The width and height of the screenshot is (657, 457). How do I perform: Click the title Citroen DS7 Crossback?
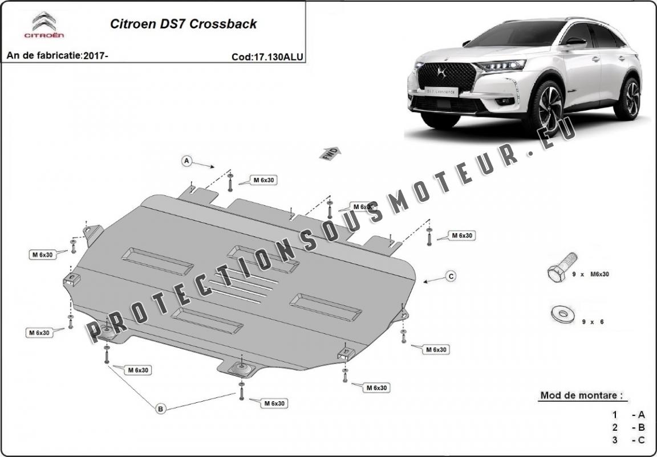[x=182, y=24]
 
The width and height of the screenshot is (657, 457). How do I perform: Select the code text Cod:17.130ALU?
[x=267, y=56]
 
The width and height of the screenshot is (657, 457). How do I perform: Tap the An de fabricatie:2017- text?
[x=57, y=56]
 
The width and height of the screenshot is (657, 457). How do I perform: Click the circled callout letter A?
[x=186, y=161]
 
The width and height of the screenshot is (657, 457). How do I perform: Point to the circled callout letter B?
[x=161, y=408]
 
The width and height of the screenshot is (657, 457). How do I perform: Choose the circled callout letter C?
[x=451, y=276]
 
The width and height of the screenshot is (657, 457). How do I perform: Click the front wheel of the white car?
[x=547, y=108]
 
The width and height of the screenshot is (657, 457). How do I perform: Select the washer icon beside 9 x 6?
[x=561, y=313]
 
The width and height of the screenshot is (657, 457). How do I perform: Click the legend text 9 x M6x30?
[x=591, y=274]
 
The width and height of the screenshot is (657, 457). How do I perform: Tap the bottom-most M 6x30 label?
[x=274, y=403]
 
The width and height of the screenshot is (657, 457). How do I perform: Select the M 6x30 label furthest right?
[x=462, y=235]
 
